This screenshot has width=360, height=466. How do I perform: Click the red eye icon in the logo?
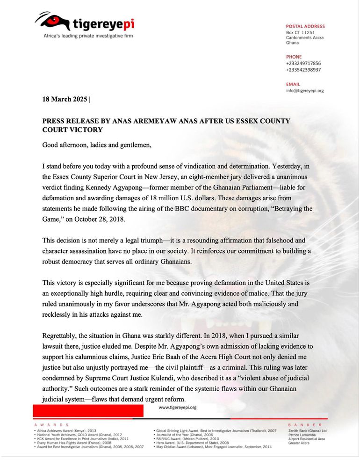pyautogui.click(x=53, y=21)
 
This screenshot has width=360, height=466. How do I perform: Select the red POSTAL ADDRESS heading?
pyautogui.click(x=305, y=26)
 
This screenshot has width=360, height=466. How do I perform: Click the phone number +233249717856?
pyautogui.click(x=303, y=63)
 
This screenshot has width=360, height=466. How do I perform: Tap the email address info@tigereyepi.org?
pyautogui.click(x=305, y=90)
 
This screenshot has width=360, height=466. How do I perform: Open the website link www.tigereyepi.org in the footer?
pyautogui.click(x=178, y=408)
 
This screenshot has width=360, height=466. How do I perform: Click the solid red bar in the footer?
pyautogui.click(x=88, y=411)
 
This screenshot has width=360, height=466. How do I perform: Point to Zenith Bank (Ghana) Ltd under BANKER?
pyautogui.click(x=307, y=430)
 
